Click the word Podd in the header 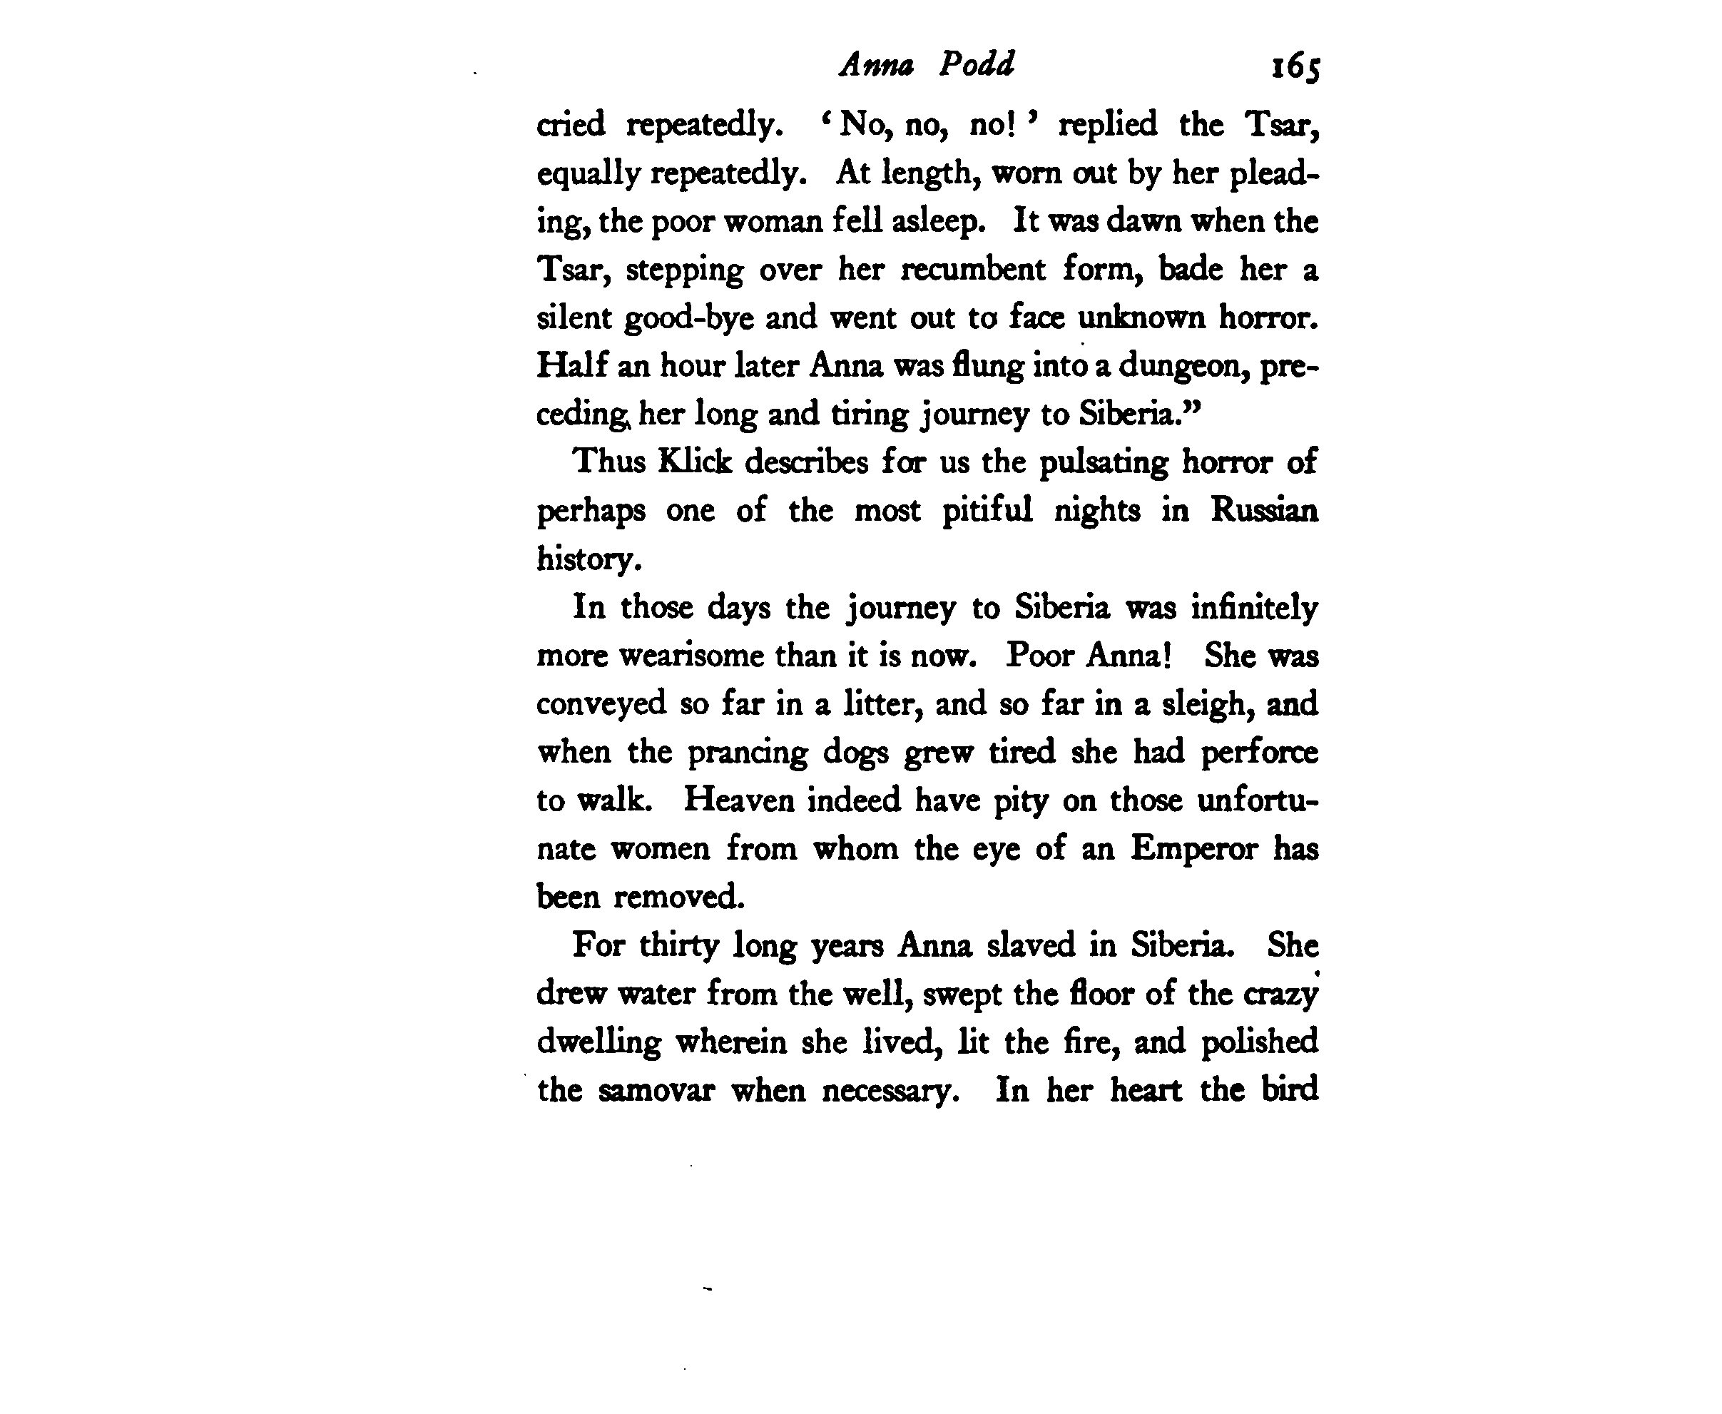[977, 63]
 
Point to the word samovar [656, 1090]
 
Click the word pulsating [1104, 462]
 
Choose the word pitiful [987, 511]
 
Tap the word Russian [1264, 511]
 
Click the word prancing [747, 753]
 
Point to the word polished [1259, 1042]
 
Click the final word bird [1290, 1090]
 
